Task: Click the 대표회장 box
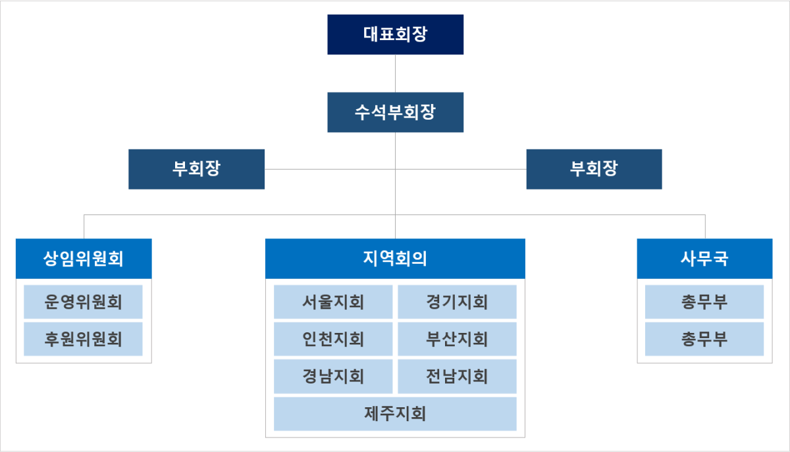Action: [x=395, y=34]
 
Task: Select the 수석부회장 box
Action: [x=395, y=112]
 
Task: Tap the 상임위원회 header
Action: [x=84, y=258]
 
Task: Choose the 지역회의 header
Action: [x=395, y=258]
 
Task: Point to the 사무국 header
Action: [x=704, y=258]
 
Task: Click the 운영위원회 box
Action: [x=84, y=302]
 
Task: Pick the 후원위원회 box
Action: [x=84, y=339]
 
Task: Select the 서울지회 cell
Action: [x=333, y=302]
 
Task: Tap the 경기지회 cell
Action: [x=457, y=302]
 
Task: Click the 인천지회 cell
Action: [x=333, y=339]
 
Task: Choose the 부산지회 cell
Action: [x=457, y=339]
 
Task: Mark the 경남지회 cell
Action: [x=333, y=376]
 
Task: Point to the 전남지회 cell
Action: [x=457, y=376]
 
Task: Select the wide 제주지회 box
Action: [x=395, y=414]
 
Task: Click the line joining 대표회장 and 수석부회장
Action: [x=395, y=72]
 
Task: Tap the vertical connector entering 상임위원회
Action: [x=84, y=226]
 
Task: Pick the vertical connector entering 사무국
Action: [x=705, y=226]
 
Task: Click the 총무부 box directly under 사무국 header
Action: [x=704, y=302]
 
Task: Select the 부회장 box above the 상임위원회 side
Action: [x=197, y=169]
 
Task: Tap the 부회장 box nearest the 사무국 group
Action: [x=594, y=169]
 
